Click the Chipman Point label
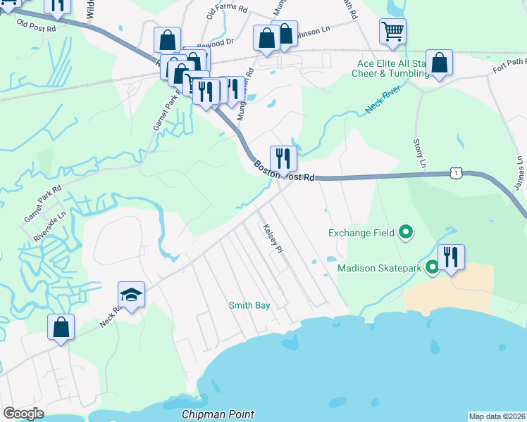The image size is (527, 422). pyautogui.click(x=218, y=414)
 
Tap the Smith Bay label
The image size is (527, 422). pyautogui.click(x=248, y=305)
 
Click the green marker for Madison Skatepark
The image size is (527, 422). pyautogui.click(x=432, y=267)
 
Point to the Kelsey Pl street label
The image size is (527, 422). pyautogui.click(x=272, y=239)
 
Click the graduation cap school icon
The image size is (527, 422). pyautogui.click(x=131, y=296)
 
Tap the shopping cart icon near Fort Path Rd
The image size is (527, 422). pyautogui.click(x=392, y=30)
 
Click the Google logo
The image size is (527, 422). pyautogui.click(x=23, y=414)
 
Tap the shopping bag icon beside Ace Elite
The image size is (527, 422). pyautogui.click(x=439, y=63)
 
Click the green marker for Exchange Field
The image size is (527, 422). pyautogui.click(x=405, y=231)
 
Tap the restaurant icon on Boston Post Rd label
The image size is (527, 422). pyautogui.click(x=283, y=158)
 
